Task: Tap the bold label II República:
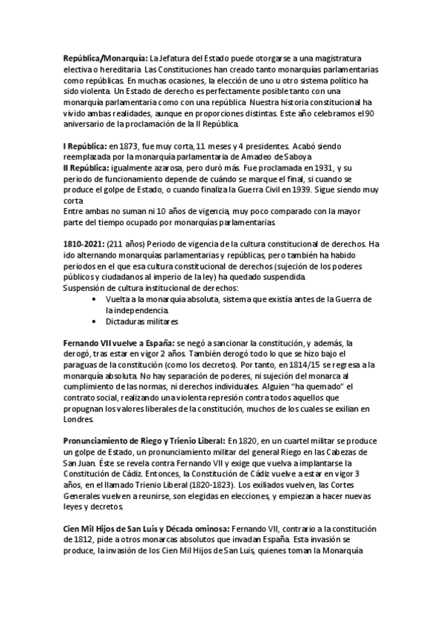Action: [87, 170]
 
